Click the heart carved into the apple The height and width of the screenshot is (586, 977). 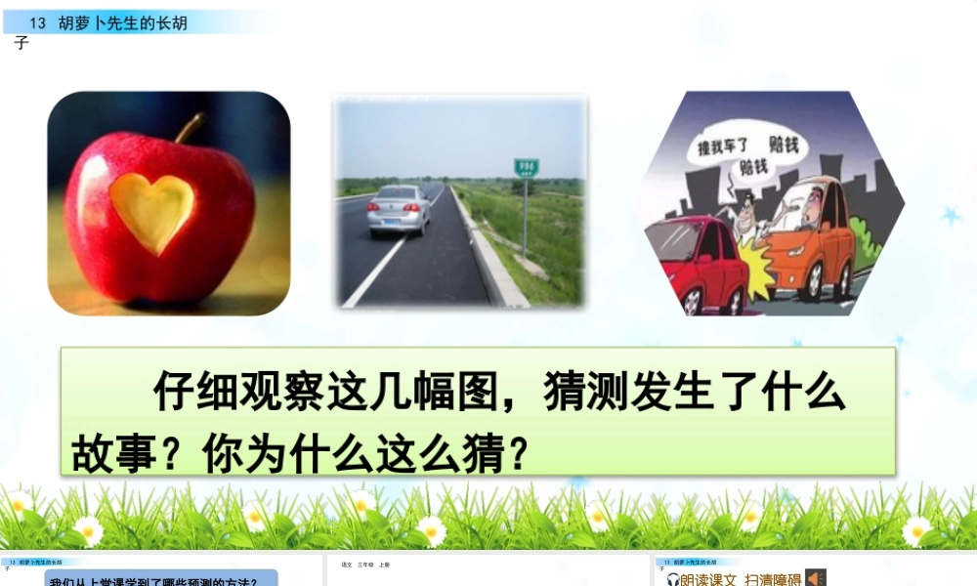(x=151, y=212)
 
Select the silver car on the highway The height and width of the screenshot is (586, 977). (x=399, y=208)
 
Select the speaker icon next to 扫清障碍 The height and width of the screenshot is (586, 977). (x=816, y=578)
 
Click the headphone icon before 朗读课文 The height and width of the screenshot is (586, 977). (x=673, y=579)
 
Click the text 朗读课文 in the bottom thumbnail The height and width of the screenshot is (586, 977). (x=708, y=579)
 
